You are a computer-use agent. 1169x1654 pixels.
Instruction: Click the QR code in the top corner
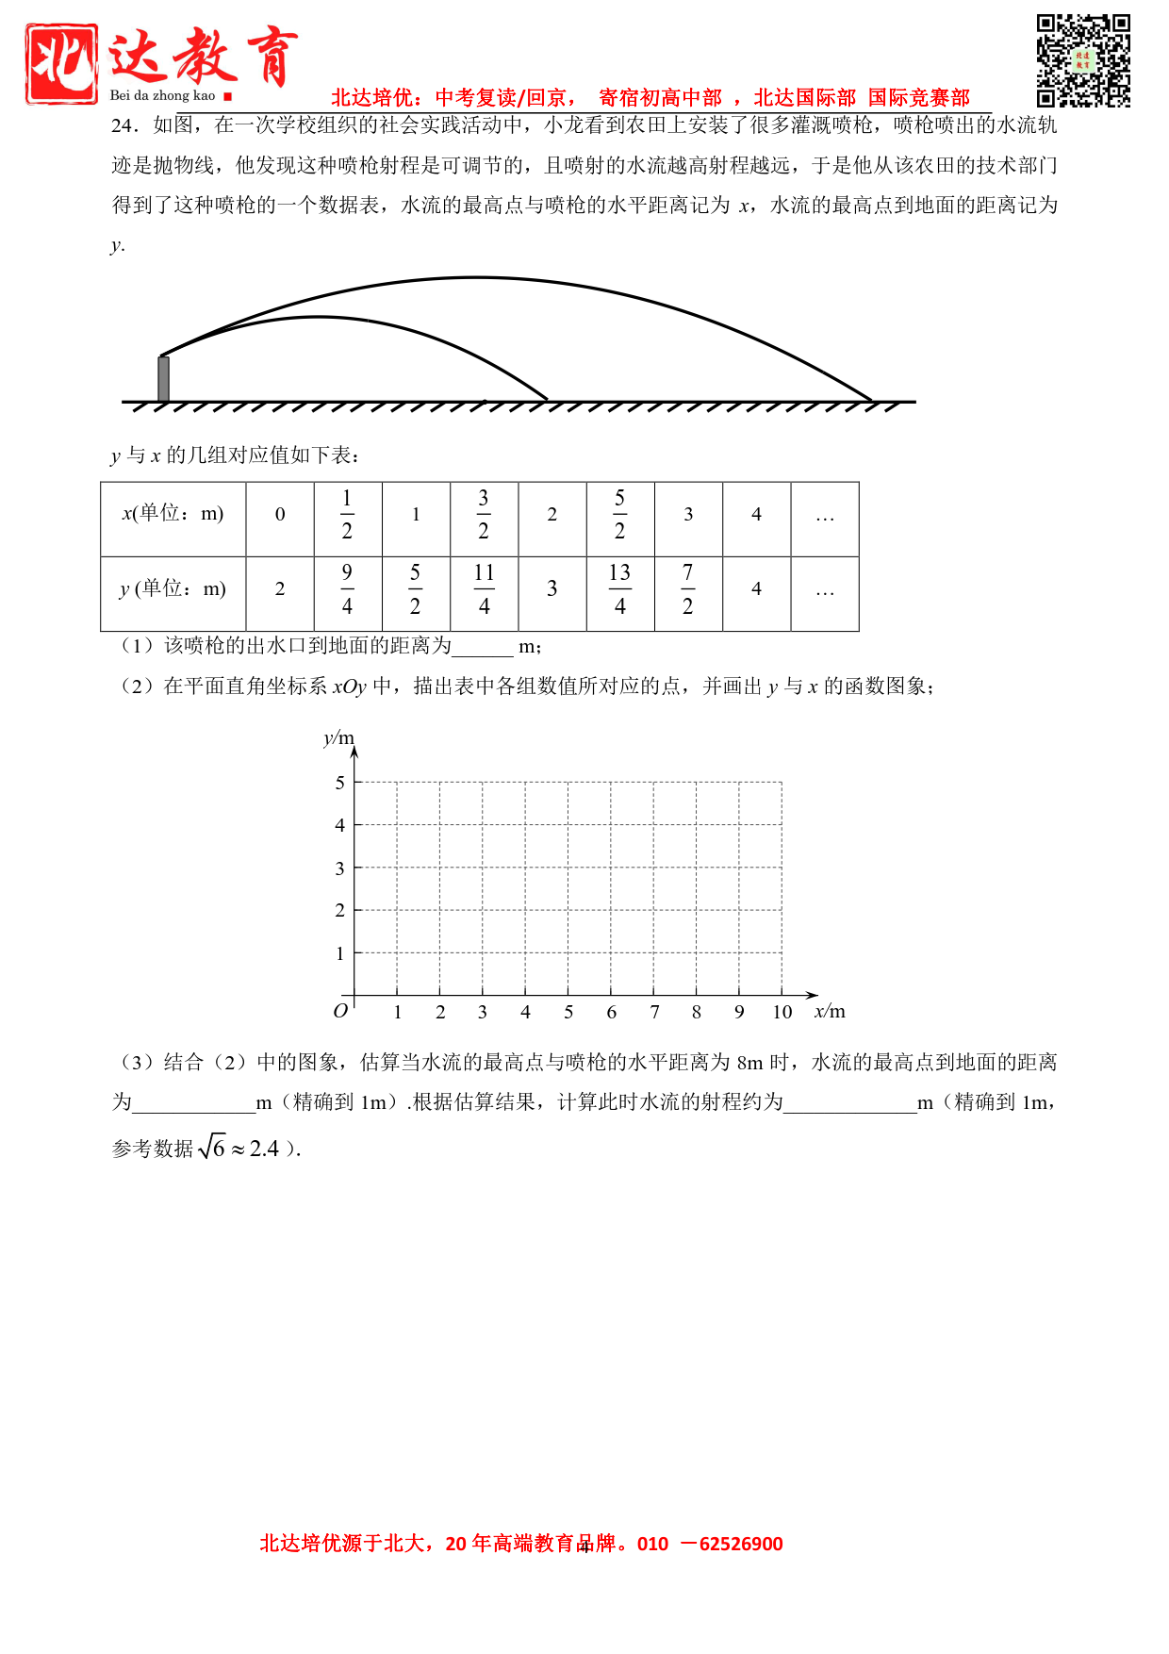click(1083, 60)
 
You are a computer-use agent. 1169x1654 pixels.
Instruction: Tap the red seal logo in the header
click(62, 63)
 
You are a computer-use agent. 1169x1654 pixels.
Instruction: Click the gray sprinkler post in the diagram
click(163, 378)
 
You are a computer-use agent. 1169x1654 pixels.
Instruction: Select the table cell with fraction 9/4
click(347, 589)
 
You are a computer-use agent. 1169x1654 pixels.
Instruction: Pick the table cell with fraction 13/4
click(619, 589)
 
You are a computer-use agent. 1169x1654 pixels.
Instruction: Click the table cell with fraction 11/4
click(484, 589)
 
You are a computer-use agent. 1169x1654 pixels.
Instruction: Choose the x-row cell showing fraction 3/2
click(484, 515)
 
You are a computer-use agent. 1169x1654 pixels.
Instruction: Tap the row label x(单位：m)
click(173, 514)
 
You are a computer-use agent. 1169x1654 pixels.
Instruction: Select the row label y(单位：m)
click(173, 588)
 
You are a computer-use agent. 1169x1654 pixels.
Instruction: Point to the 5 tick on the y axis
click(340, 783)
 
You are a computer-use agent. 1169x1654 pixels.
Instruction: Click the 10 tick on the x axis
click(782, 1012)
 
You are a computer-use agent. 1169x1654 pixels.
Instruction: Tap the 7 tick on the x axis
click(654, 1012)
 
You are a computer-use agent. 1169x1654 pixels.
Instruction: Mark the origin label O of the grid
click(340, 1011)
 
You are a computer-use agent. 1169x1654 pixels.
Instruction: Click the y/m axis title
click(338, 737)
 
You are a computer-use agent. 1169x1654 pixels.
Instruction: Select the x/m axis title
click(830, 1012)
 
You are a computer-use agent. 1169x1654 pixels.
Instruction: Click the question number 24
click(125, 125)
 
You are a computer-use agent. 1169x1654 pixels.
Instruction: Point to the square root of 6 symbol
click(213, 1148)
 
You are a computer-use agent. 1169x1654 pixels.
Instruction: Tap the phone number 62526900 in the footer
click(741, 1544)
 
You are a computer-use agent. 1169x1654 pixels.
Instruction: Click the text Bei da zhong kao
click(162, 95)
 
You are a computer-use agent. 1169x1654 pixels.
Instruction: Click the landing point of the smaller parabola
click(547, 400)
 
